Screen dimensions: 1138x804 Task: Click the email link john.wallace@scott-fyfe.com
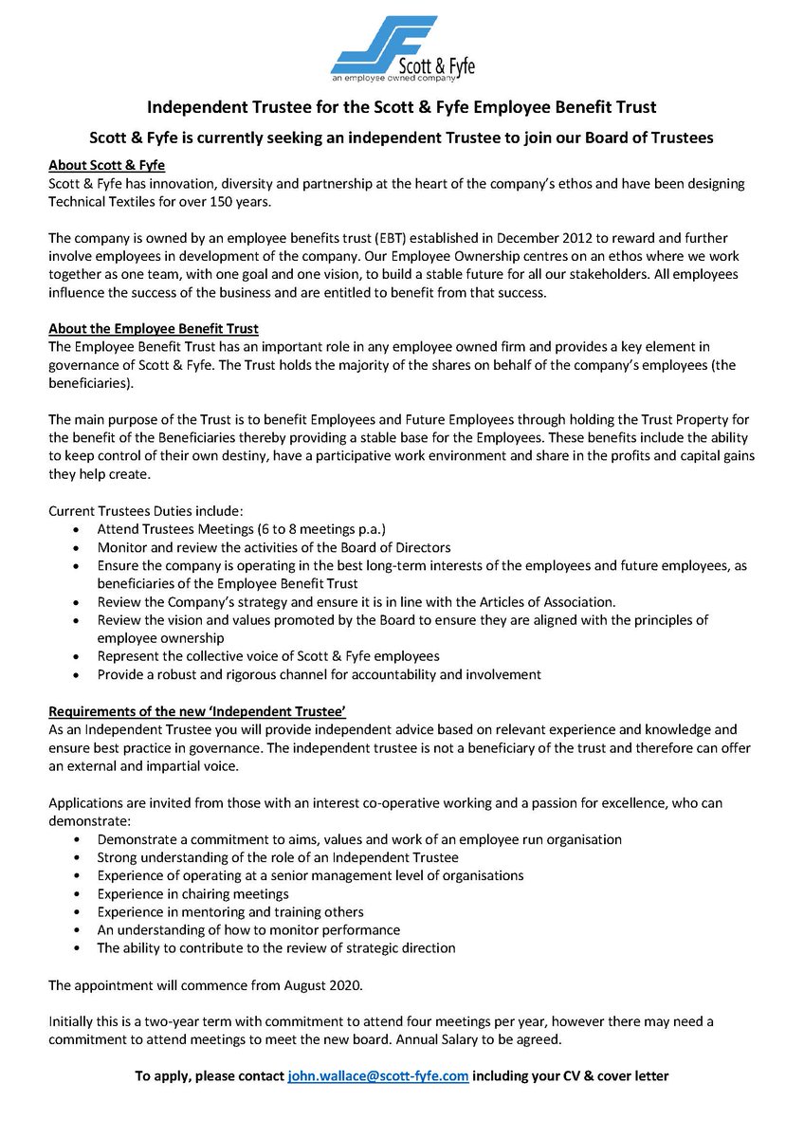377,1076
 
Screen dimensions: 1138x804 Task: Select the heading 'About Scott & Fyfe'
106,165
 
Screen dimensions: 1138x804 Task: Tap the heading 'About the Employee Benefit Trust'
154,329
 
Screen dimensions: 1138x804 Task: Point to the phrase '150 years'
227,201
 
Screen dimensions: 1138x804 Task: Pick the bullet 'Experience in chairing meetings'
193,893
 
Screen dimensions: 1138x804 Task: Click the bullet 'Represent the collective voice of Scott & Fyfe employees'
268,656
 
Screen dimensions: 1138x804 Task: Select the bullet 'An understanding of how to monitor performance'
248,929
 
